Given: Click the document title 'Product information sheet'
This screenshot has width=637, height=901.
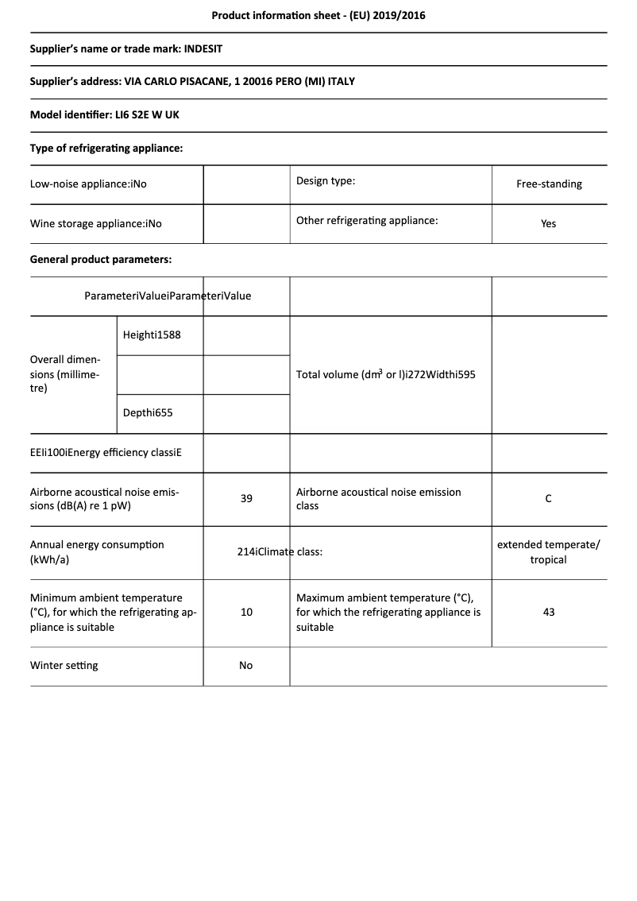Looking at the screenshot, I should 318,15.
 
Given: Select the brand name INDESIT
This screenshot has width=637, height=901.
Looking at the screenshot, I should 203,48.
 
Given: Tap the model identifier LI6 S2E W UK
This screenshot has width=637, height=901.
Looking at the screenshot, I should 147,114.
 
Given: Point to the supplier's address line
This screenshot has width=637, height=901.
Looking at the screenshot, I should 192,81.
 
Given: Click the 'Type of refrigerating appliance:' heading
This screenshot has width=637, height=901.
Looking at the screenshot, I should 106,148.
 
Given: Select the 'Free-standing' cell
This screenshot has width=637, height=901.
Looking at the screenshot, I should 549,184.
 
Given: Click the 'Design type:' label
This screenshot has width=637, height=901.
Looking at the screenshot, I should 326,180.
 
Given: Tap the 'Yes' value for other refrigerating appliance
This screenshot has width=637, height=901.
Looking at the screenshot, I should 549,223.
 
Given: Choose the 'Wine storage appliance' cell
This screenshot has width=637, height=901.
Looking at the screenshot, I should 96,223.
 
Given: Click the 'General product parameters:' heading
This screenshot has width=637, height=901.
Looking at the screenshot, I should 101,259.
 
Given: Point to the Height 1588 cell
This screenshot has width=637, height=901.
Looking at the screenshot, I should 152,334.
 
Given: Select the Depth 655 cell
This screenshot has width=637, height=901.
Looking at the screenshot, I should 148,412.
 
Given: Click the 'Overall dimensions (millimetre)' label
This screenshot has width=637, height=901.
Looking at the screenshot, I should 65,373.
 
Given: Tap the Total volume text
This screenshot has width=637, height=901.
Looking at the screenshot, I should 385,374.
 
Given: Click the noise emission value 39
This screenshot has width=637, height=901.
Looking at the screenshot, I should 246,498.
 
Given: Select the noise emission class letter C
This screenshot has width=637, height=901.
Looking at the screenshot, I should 549,498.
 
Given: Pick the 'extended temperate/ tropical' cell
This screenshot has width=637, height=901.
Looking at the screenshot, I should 549,552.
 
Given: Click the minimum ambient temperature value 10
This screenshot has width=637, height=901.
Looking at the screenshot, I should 246,612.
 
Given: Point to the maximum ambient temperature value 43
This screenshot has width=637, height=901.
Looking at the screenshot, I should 549,612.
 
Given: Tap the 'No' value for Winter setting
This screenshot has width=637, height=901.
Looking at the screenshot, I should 246,665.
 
